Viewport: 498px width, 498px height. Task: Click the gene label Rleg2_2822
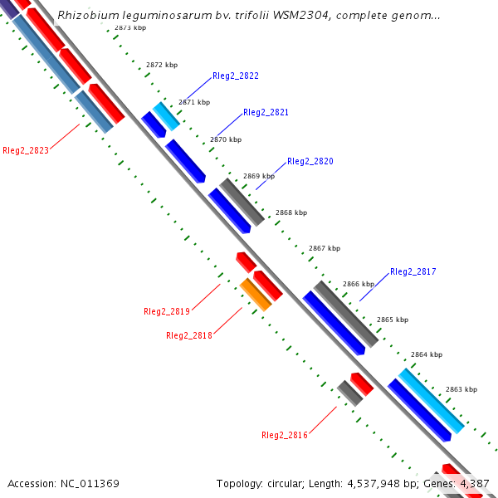pyautogui.click(x=235, y=76)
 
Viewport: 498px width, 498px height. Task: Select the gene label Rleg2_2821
pyautogui.click(x=266, y=112)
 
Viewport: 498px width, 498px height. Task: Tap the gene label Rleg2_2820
pyautogui.click(x=310, y=161)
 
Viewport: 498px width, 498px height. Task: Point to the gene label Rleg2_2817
pyautogui.click(x=413, y=271)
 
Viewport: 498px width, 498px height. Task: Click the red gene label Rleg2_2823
pyautogui.click(x=26, y=150)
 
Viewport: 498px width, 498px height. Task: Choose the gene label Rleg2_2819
pyautogui.click(x=166, y=311)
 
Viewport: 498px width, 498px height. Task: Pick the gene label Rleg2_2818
pyautogui.click(x=188, y=335)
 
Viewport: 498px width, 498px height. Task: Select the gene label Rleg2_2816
pyautogui.click(x=284, y=435)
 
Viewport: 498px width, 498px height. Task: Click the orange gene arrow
pyautogui.click(x=256, y=295)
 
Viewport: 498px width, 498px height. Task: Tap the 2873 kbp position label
pyautogui.click(x=130, y=27)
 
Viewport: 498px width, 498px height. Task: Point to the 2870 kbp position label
pyautogui.click(x=225, y=139)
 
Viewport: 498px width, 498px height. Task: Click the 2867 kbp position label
pyautogui.click(x=324, y=248)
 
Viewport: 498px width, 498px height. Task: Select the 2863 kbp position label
pyautogui.click(x=461, y=389)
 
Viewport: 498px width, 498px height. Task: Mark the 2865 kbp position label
pyautogui.click(x=392, y=320)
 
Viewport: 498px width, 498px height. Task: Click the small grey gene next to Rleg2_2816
pyautogui.click(x=349, y=393)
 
